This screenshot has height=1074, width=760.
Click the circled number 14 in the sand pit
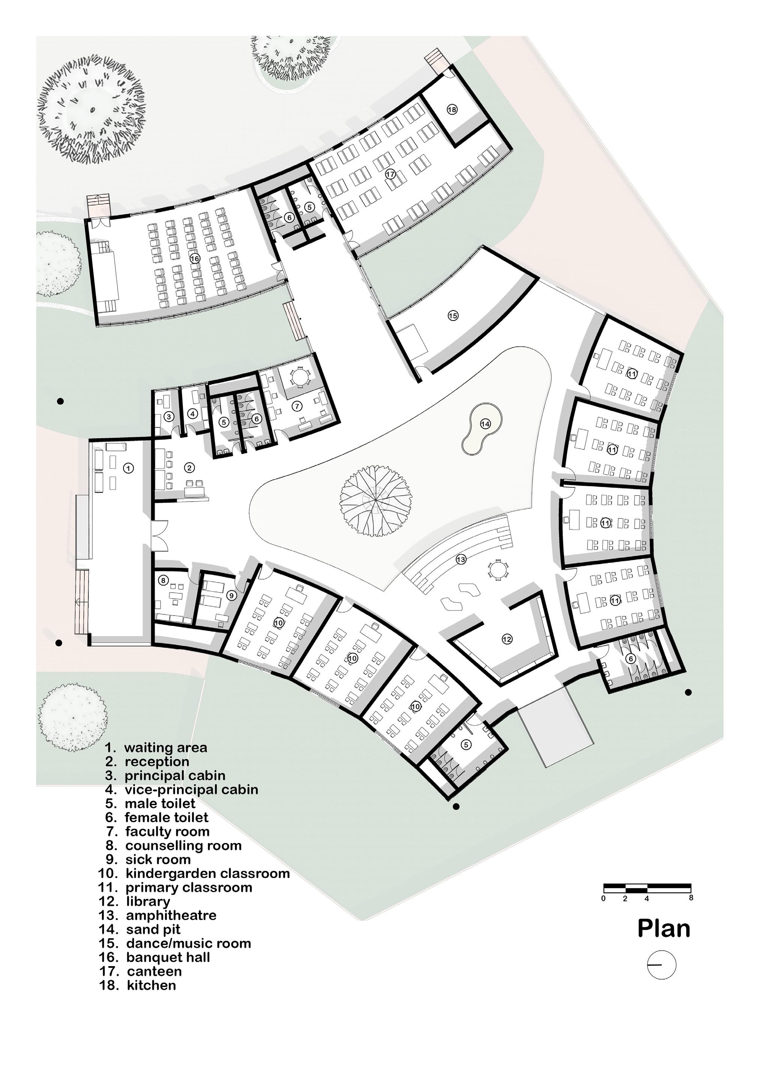point(485,424)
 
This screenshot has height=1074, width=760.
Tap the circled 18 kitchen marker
point(452,109)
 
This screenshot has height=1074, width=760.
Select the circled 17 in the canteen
point(390,174)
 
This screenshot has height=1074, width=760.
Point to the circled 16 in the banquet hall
point(195,258)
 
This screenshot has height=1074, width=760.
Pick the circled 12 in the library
point(507,639)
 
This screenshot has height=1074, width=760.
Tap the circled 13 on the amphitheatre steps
point(461,559)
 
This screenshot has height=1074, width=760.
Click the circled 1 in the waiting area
point(129,467)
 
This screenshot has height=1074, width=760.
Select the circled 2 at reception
point(189,467)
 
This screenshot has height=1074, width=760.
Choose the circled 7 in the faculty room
point(297,406)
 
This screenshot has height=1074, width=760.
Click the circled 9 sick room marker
point(231,595)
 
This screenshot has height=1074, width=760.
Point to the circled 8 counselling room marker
point(163,581)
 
